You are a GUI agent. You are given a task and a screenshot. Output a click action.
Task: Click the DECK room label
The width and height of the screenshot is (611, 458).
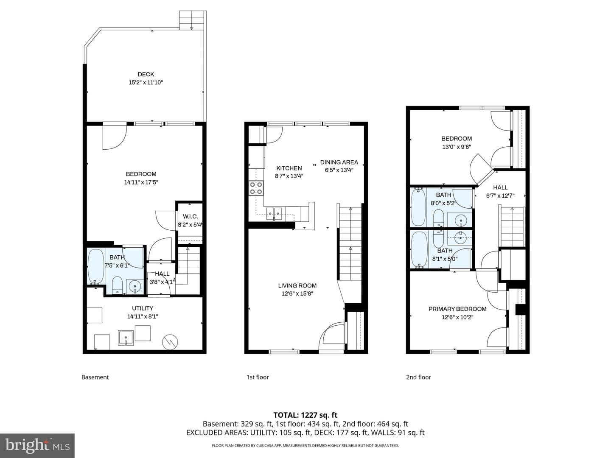click(146, 74)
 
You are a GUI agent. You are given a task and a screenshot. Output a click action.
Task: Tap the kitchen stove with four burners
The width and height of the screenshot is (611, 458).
click(256, 188)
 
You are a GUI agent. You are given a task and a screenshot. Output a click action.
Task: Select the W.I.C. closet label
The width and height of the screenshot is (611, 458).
click(191, 216)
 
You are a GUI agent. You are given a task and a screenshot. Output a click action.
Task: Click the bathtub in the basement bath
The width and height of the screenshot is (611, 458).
click(96, 266)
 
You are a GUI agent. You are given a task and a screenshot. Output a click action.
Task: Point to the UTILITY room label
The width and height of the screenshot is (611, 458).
click(143, 308)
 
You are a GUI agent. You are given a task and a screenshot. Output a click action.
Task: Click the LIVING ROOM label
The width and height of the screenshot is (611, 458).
click(297, 285)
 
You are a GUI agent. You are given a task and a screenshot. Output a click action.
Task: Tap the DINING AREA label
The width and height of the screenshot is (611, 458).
click(339, 162)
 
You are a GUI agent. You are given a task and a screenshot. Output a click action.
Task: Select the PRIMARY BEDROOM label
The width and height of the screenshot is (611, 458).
click(457, 309)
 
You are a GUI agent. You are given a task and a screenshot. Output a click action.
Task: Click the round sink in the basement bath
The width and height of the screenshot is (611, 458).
click(135, 286)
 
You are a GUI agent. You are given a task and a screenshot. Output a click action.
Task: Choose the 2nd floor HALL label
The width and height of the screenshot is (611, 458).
click(500, 187)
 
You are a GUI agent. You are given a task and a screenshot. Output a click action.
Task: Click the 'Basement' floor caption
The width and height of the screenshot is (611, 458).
click(95, 377)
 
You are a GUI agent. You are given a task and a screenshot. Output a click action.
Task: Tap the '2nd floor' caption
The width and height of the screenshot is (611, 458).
click(418, 377)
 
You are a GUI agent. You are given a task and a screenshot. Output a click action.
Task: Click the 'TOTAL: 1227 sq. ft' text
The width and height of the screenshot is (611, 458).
click(305, 415)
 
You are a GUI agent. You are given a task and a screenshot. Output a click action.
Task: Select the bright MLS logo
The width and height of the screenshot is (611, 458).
click(37, 445)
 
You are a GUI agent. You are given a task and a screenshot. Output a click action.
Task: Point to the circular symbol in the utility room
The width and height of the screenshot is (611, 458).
click(170, 342)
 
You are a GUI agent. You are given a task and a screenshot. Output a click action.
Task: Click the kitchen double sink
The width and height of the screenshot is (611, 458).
click(274, 214)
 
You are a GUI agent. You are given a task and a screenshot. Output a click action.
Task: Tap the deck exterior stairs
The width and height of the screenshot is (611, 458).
click(193, 20)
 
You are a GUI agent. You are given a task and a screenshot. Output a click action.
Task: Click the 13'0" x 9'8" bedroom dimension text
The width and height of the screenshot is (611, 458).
click(457, 147)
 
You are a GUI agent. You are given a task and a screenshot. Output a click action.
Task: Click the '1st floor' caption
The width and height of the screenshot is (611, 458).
click(258, 377)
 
